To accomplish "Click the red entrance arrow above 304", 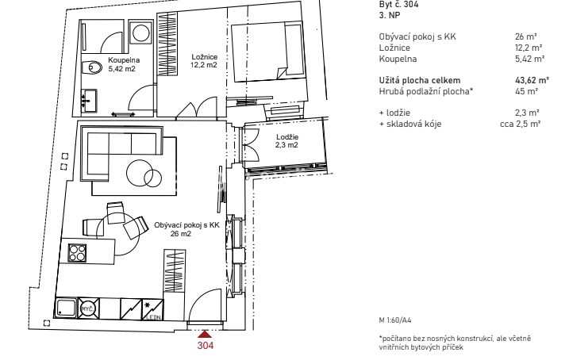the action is (x=205, y=335).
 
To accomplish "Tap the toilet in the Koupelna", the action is (x=92, y=67).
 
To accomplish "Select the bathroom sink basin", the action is (x=89, y=100).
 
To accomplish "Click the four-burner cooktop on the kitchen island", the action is (x=78, y=253).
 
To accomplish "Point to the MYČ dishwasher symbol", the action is (x=88, y=309).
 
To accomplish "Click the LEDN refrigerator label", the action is (x=153, y=317).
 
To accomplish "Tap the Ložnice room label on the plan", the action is (x=204, y=57).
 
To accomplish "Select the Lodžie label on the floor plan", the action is (x=287, y=137).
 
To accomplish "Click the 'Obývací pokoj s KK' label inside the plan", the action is (x=186, y=225).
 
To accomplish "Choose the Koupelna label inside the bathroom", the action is (x=124, y=60).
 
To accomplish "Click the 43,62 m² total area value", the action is (x=532, y=80).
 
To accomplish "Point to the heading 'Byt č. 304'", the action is (x=398, y=4).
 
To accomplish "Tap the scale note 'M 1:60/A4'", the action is (x=395, y=320).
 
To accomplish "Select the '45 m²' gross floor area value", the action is (x=526, y=91).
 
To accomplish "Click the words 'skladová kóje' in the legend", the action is (x=413, y=124).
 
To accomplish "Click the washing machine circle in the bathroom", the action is (x=141, y=33).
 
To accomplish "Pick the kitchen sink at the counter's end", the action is (x=66, y=309).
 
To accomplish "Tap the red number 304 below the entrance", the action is (x=206, y=346).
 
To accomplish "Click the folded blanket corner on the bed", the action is (x=282, y=72).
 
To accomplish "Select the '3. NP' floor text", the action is (x=390, y=15).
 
